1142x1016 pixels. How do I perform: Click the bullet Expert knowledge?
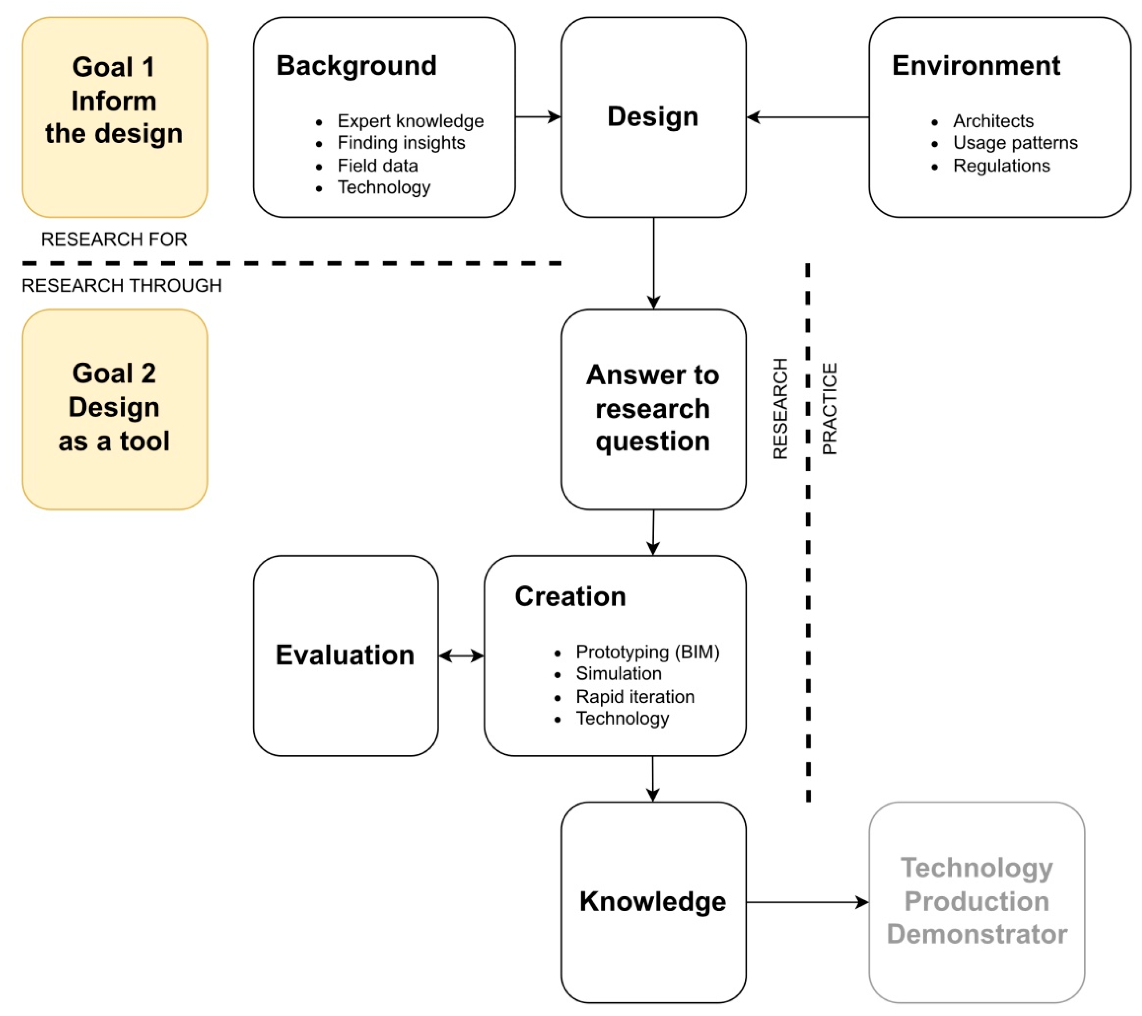(x=410, y=121)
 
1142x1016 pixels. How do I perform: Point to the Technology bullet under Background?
(x=384, y=187)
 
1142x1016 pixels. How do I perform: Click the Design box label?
(x=653, y=117)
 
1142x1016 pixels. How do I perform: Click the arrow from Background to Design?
(x=538, y=117)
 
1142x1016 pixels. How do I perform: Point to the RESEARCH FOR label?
(x=114, y=239)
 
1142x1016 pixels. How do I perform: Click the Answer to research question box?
(x=653, y=409)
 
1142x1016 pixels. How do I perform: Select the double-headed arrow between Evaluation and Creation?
(x=461, y=656)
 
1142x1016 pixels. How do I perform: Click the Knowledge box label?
(x=653, y=902)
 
